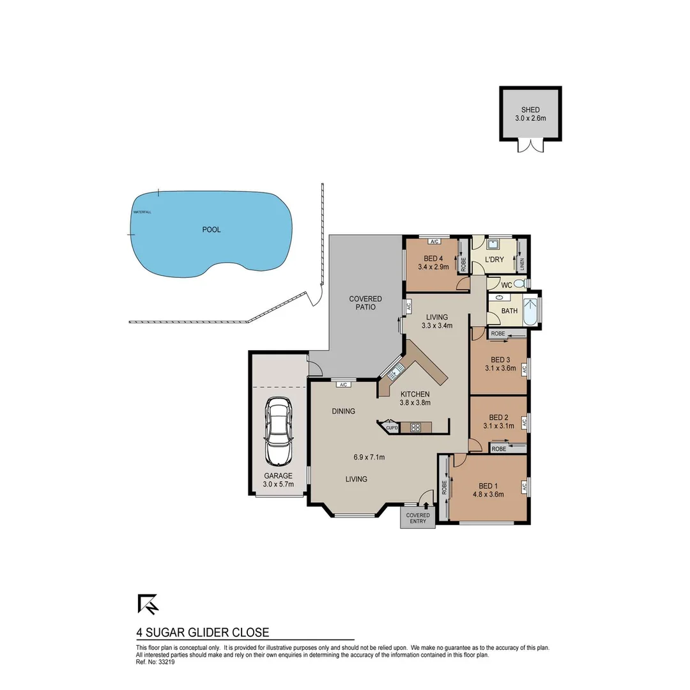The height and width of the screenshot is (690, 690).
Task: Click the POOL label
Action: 211,229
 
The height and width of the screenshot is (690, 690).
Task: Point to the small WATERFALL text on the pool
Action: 142,212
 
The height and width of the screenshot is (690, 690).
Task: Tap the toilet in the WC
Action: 520,284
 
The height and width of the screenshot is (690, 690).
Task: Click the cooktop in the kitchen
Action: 415,427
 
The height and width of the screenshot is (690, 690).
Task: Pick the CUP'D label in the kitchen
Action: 392,427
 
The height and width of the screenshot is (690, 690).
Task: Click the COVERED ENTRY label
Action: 418,518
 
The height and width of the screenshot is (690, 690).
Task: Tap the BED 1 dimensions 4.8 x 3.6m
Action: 488,494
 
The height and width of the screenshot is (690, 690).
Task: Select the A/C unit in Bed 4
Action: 434,241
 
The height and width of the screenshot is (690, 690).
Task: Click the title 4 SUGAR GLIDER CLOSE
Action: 203,632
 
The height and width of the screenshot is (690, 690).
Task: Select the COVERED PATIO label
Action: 365,303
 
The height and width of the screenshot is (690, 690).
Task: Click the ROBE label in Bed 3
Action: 499,333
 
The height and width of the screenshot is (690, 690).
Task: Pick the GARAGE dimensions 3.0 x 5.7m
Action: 279,484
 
